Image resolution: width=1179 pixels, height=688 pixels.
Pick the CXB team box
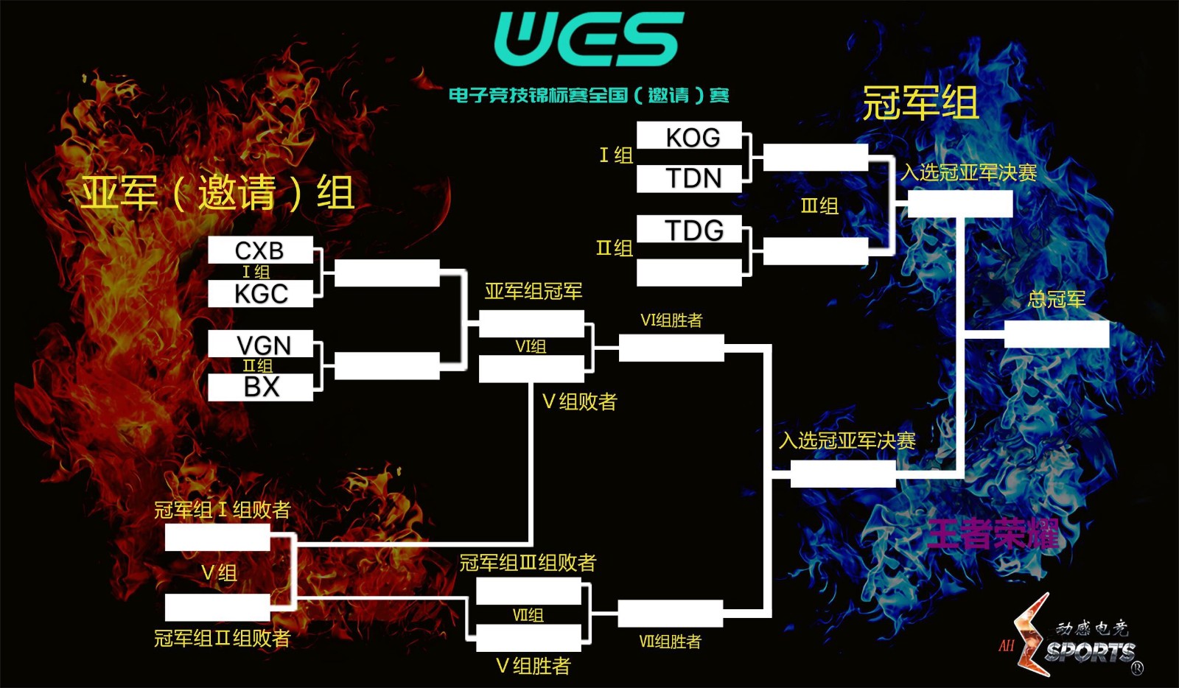(260, 250)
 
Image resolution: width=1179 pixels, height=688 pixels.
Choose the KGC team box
(260, 294)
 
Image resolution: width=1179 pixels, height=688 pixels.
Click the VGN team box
(260, 344)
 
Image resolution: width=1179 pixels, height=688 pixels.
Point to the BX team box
(260, 387)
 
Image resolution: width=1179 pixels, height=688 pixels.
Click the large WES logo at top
(588, 38)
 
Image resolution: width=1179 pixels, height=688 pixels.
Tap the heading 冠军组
(920, 103)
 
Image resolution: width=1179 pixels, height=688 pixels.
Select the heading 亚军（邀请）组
(218, 193)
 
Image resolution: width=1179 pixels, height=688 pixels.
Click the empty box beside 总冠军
(1056, 334)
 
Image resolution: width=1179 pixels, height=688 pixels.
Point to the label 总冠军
(1056, 299)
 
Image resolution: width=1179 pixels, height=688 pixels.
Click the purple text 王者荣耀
(993, 534)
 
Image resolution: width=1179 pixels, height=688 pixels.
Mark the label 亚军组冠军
(533, 292)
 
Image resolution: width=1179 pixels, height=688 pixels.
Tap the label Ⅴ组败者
(579, 401)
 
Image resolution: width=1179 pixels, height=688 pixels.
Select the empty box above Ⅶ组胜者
(670, 613)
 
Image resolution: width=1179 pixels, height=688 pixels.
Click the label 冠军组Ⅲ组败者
(528, 563)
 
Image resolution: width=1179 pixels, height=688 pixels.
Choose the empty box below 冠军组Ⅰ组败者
(217, 538)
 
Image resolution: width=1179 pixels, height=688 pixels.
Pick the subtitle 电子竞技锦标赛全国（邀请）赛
(589, 96)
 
